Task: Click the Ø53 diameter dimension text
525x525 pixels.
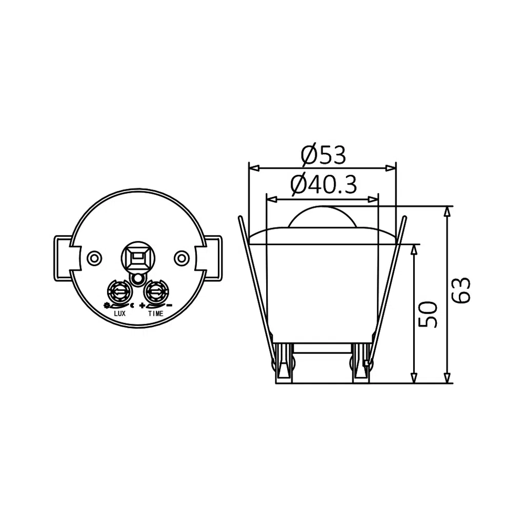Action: click(324, 155)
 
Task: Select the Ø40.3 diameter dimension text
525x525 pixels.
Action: click(323, 185)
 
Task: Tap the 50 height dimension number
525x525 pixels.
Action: click(428, 314)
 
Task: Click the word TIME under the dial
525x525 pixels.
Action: click(155, 313)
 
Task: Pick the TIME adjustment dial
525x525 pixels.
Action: click(155, 292)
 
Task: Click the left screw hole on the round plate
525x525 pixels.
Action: click(94, 257)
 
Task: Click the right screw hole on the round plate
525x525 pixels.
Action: click(181, 257)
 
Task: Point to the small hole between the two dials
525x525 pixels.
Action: click(137, 279)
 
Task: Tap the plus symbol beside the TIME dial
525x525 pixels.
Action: click(142, 306)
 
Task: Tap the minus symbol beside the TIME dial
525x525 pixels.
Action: click(169, 306)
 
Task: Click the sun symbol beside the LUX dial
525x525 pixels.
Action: click(106, 306)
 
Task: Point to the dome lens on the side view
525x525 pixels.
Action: click(322, 217)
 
